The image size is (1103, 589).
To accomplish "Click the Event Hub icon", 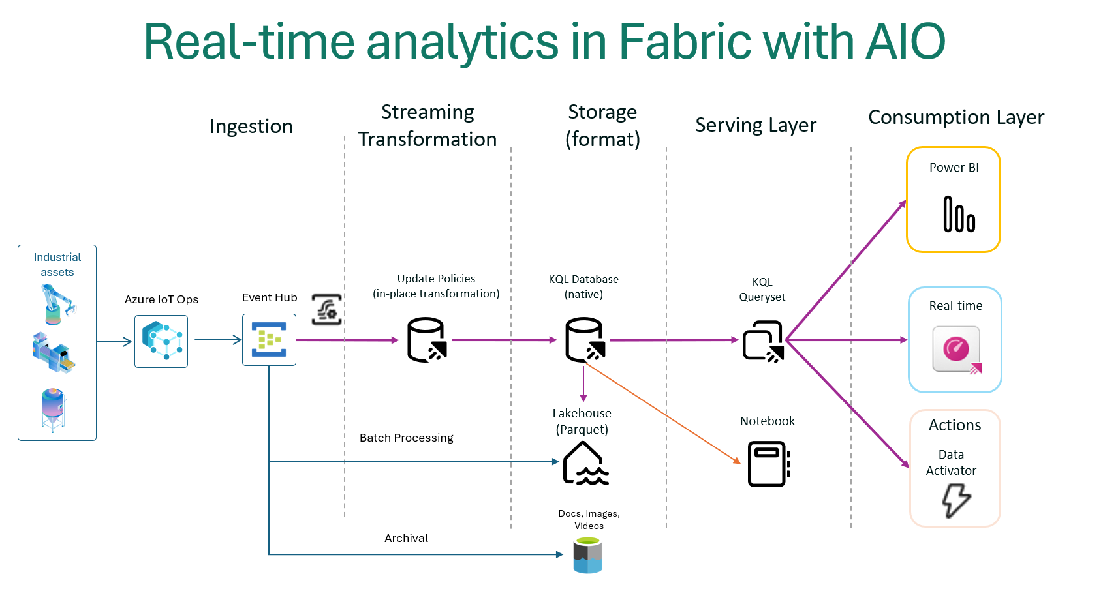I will pos(269,340).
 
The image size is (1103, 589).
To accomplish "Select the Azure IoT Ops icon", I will pos(161,341).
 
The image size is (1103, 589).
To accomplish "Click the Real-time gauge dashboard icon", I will pos(957,350).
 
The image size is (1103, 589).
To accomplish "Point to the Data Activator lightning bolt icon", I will pos(956,500).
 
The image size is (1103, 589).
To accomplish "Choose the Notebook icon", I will pos(769,464).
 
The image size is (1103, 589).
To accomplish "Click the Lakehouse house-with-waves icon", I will pos(585,464).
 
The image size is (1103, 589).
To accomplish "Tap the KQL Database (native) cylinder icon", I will pos(585,340).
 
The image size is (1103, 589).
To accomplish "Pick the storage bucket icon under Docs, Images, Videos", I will pos(587,555).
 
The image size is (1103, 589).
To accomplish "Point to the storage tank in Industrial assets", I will pos(54,410).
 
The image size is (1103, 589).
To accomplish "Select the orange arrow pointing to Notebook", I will pos(666,415).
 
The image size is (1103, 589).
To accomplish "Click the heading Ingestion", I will pos(251,126).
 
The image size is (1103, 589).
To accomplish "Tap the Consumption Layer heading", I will pos(955,117).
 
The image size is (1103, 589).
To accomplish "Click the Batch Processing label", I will pos(406,438).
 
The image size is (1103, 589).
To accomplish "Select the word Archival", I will pos(406,538).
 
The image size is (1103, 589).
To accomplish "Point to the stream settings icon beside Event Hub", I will pos(326,309).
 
